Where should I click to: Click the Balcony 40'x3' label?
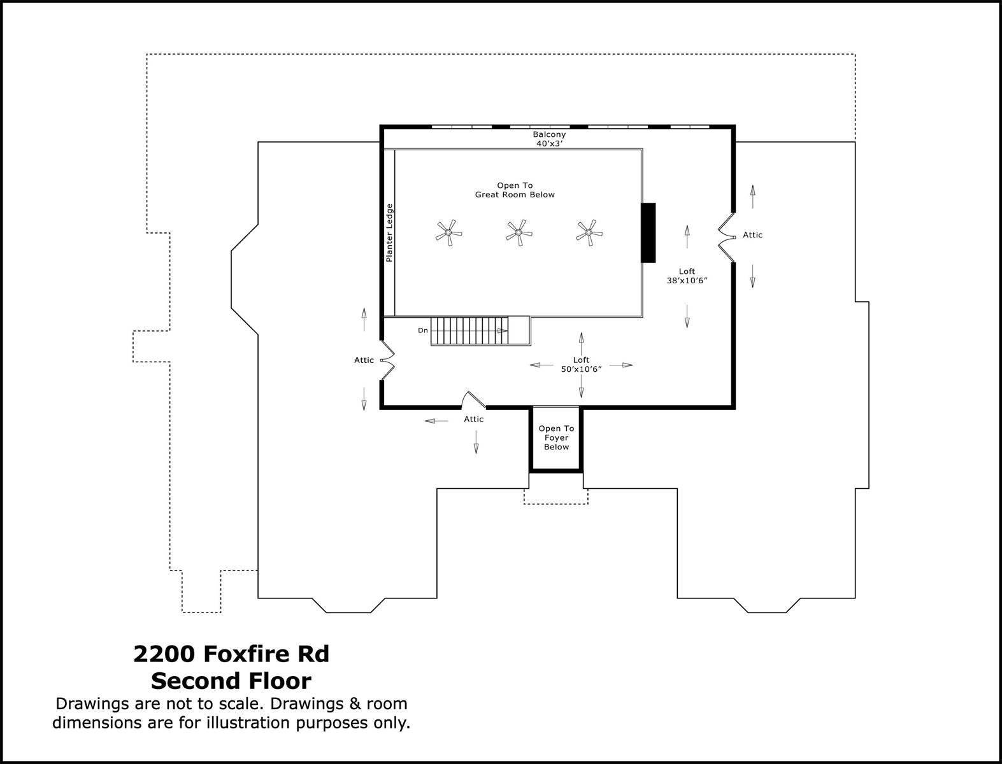point(549,139)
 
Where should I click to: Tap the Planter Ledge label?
point(389,232)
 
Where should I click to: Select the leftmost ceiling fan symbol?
point(448,233)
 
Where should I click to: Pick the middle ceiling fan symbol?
point(519,233)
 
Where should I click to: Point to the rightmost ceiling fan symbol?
point(589,233)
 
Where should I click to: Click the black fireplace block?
point(648,232)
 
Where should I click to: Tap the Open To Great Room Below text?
point(515,190)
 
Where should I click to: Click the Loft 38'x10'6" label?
point(687,276)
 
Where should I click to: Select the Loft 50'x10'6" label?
point(581,364)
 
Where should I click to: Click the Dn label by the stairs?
point(423,330)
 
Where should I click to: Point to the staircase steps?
point(469,331)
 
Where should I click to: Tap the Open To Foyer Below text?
point(557,438)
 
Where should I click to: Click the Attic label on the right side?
point(752,235)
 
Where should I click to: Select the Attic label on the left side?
point(364,360)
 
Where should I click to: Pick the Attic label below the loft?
point(473,419)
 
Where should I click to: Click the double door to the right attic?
point(725,237)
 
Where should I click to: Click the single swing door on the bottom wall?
point(473,399)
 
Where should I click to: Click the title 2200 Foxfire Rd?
point(231,654)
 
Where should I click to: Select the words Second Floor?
point(231,681)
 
